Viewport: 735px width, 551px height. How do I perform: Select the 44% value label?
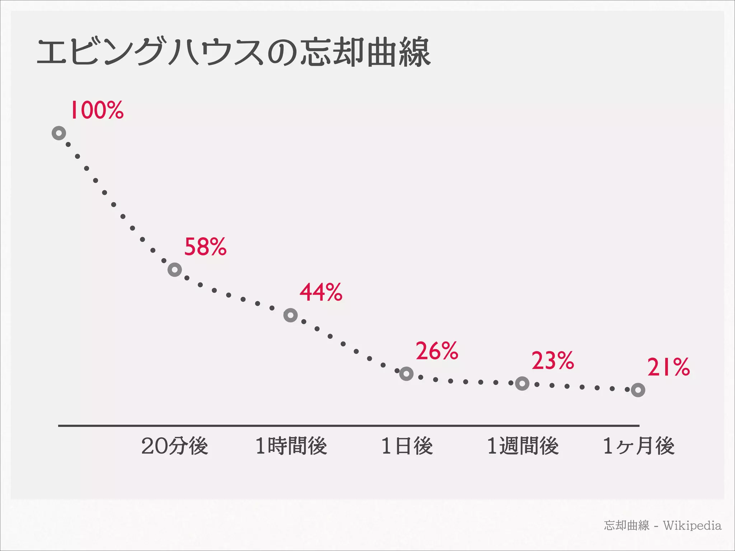(321, 292)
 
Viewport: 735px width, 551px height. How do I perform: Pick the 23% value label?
(553, 361)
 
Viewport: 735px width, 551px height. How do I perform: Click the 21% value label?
(668, 367)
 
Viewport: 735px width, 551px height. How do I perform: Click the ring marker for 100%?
(59, 133)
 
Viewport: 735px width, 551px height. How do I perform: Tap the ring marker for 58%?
(175, 269)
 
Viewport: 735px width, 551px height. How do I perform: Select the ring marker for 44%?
(290, 315)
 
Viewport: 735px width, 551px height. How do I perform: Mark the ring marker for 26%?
(406, 374)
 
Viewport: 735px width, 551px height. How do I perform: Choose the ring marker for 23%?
(522, 384)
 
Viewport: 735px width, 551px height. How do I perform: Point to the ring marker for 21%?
(638, 390)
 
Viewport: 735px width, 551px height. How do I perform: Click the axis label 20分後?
(175, 446)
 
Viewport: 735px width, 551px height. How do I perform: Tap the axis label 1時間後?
(291, 446)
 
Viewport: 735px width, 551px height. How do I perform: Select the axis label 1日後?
(407, 446)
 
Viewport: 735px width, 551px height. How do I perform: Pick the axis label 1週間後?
(523, 446)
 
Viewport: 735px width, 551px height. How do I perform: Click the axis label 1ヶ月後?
(639, 446)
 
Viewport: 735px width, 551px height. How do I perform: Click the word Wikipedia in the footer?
(692, 526)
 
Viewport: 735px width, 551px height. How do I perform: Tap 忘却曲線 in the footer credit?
(626, 526)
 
